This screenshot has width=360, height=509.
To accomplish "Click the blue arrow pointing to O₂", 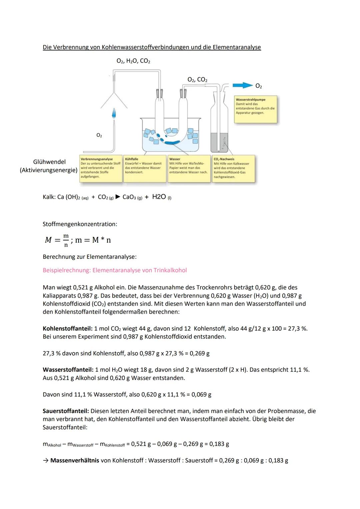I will pyautogui.click(x=242, y=85).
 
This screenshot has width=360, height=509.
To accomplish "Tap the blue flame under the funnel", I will pyautogui.click(x=114, y=113).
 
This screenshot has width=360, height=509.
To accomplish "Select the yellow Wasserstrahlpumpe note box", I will pyautogui.click(x=255, y=109).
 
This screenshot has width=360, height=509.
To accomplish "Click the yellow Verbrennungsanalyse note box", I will pyautogui.click(x=101, y=168).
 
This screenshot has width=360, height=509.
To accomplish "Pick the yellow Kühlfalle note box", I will pyautogui.click(x=145, y=168).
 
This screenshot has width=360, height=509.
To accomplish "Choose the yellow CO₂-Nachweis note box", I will pyautogui.click(x=233, y=168).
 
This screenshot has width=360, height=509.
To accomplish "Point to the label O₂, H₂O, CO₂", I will pyautogui.click(x=133, y=61).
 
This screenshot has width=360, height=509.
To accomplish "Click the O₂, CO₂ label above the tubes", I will pyautogui.click(x=197, y=80).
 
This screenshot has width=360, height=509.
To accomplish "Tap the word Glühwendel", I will pyautogui.click(x=49, y=162).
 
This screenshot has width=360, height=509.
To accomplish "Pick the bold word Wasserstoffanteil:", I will pyautogui.click(x=68, y=370).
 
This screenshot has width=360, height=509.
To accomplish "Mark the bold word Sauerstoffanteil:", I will pyautogui.click(x=66, y=411).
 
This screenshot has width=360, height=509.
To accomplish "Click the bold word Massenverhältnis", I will pyautogui.click(x=75, y=461).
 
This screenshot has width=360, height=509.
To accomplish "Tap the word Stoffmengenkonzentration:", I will pyautogui.click(x=80, y=224).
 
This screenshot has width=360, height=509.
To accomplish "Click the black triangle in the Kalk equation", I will pyautogui.click(x=118, y=197).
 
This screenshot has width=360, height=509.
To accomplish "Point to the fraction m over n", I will pyautogui.click(x=66, y=240).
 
